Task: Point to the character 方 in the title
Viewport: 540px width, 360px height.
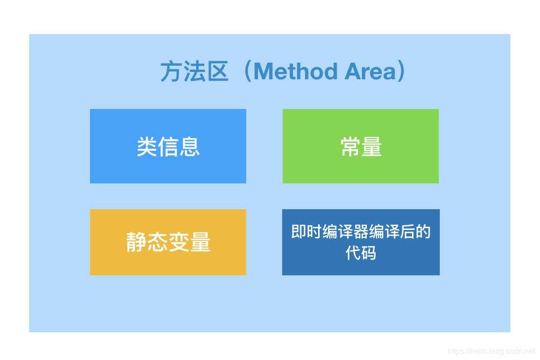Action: [171, 72]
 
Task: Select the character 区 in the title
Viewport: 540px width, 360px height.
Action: [217, 72]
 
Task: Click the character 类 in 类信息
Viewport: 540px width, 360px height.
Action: [147, 146]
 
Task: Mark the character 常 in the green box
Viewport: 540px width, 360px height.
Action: [350, 146]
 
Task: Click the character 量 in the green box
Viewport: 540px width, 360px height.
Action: [372, 146]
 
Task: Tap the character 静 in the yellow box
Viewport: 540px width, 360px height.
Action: [136, 242]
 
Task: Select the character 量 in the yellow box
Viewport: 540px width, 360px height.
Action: [200, 242]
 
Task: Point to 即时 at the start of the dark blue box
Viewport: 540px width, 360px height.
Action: [306, 232]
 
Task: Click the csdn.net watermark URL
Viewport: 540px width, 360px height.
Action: [491, 351]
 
